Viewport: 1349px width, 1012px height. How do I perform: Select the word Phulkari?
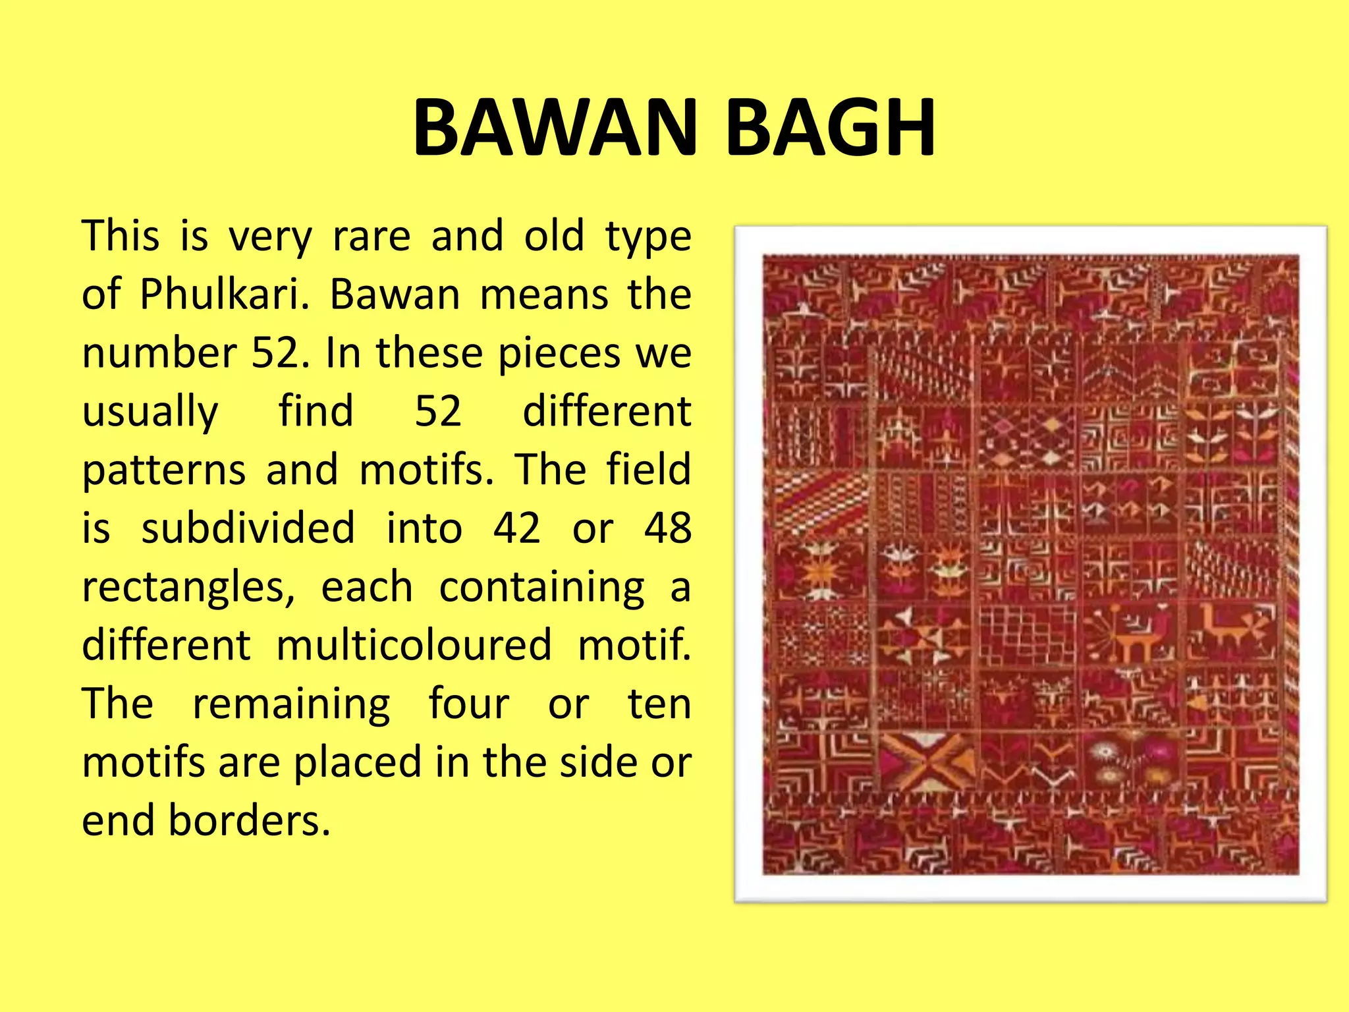[x=225, y=294]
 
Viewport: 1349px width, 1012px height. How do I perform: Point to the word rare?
[x=372, y=236]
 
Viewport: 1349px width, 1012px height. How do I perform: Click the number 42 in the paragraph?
[x=517, y=528]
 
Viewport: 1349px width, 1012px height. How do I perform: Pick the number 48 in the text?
[x=667, y=528]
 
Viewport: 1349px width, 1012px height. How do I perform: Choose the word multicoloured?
[x=414, y=645]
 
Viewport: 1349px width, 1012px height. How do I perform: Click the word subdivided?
[x=248, y=528]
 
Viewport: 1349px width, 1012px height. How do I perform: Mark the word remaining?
[x=291, y=704]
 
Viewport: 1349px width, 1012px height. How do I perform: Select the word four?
[x=469, y=704]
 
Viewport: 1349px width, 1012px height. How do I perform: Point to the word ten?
[x=659, y=704]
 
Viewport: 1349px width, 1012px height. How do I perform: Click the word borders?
[x=249, y=820]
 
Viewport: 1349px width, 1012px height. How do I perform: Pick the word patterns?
[x=164, y=470]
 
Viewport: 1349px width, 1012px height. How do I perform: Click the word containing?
[x=541, y=587]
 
